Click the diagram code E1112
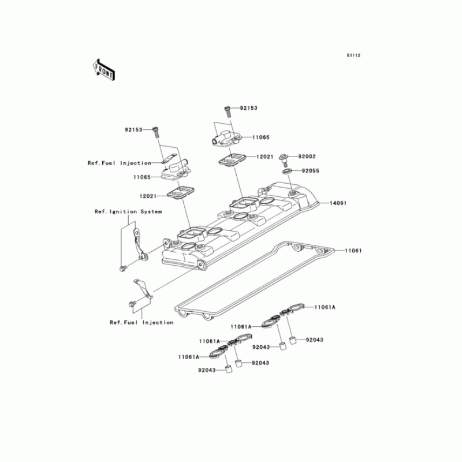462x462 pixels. tap(353, 55)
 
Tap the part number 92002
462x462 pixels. tap(307, 157)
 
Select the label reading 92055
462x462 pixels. tap(309, 172)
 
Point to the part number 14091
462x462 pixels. tap(338, 204)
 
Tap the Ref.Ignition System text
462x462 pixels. tap(128, 212)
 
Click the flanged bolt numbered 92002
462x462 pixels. tap(285, 158)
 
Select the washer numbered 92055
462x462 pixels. tap(286, 172)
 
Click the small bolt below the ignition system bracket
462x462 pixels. tap(122, 269)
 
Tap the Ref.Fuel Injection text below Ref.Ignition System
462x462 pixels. tap(141, 322)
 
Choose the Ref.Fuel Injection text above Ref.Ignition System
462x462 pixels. tap(120, 163)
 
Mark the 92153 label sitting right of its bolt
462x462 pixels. tap(248, 108)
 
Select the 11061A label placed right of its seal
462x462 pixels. tap(325, 307)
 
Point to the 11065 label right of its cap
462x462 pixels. tap(245, 138)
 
